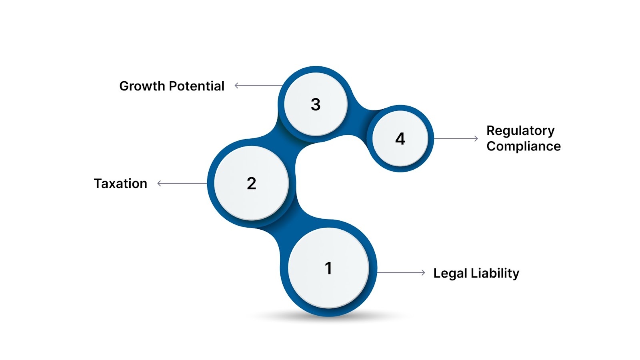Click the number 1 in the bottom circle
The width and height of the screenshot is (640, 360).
coord(328,268)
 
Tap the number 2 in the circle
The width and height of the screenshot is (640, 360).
coord(251,184)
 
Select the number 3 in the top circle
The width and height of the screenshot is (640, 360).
coord(316,104)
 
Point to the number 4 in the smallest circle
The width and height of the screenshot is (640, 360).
coord(400,139)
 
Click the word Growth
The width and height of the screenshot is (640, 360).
coord(142,86)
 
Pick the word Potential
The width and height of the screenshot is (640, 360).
coord(196,86)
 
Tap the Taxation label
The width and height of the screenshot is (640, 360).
coord(120,184)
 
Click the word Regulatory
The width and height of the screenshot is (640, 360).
coord(520,131)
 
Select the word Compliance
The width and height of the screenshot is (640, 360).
coord(524,146)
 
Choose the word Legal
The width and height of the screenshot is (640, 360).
coord(450,273)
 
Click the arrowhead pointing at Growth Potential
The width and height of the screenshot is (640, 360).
coord(236,86)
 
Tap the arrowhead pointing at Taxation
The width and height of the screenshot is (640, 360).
coord(159,184)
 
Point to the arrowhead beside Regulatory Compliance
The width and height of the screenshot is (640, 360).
coord(476,139)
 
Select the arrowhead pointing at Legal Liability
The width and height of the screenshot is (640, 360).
coord(423,273)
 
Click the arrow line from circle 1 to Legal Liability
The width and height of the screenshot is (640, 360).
coord(400,273)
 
